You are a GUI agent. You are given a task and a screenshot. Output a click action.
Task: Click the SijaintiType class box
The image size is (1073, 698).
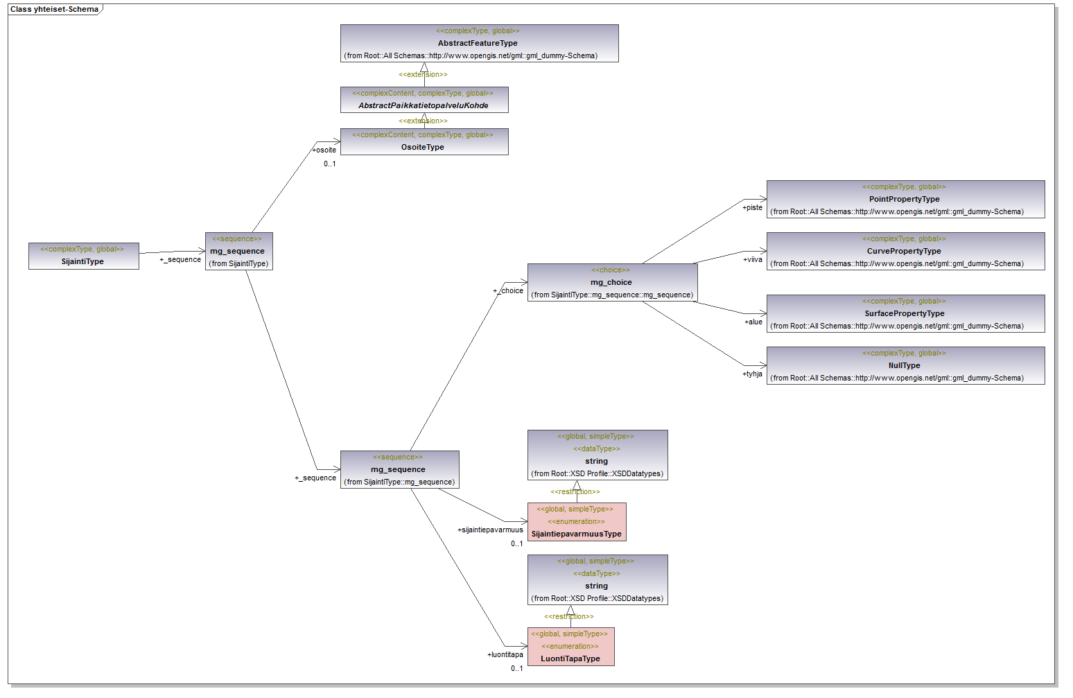pyautogui.click(x=83, y=256)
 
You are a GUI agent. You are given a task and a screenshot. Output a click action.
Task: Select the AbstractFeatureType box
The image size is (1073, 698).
pyautogui.click(x=479, y=44)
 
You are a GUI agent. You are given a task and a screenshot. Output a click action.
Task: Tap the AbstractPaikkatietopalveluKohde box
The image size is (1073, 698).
pyautogui.click(x=424, y=100)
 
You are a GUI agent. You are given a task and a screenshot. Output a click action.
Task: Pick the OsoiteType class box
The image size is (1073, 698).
pyautogui.click(x=424, y=141)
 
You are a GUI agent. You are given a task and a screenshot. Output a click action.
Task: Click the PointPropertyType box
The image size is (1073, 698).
pyautogui.click(x=905, y=199)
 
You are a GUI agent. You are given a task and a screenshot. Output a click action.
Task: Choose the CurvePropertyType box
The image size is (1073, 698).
pyautogui.click(x=905, y=251)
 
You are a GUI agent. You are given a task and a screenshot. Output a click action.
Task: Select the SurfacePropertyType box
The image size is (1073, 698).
pyautogui.click(x=905, y=313)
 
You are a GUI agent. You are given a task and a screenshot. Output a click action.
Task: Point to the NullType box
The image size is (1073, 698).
pyautogui.click(x=905, y=365)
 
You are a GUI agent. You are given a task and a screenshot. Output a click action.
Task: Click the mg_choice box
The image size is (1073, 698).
pyautogui.click(x=612, y=283)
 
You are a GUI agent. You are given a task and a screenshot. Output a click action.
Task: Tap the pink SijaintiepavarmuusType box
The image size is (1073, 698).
pyautogui.click(x=577, y=522)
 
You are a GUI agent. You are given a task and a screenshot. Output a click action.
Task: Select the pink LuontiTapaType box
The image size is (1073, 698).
pyautogui.click(x=570, y=647)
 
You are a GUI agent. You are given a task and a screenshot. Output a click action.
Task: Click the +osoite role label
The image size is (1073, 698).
pyautogui.click(x=324, y=150)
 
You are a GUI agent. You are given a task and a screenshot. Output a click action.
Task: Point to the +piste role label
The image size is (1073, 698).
pyautogui.click(x=752, y=207)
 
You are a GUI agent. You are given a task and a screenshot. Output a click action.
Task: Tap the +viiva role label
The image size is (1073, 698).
pyautogui.click(x=752, y=260)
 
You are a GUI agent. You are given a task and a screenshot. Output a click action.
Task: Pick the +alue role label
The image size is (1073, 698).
pyautogui.click(x=753, y=322)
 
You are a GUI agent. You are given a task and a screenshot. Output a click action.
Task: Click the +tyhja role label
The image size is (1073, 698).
pyautogui.click(x=752, y=374)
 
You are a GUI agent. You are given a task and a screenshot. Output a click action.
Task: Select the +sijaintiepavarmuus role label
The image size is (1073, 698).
pyautogui.click(x=490, y=530)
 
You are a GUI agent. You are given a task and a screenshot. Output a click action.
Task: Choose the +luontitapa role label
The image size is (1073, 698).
pyautogui.click(x=505, y=655)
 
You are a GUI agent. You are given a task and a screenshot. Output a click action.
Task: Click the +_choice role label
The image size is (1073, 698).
pyautogui.click(x=508, y=291)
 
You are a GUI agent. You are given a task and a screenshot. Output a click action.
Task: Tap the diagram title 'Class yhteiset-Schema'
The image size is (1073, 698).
pyautogui.click(x=54, y=10)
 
